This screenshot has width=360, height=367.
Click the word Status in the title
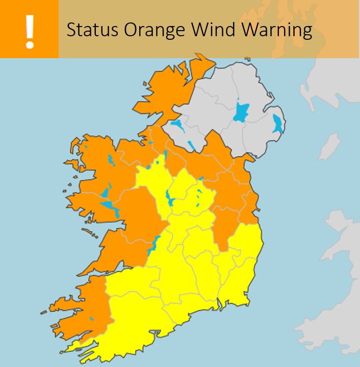click(89, 30)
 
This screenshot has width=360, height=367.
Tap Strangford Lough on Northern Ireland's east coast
click(277, 124)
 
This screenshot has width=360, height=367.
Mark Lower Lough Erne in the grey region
click(177, 126)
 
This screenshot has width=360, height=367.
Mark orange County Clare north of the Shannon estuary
click(122, 250)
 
